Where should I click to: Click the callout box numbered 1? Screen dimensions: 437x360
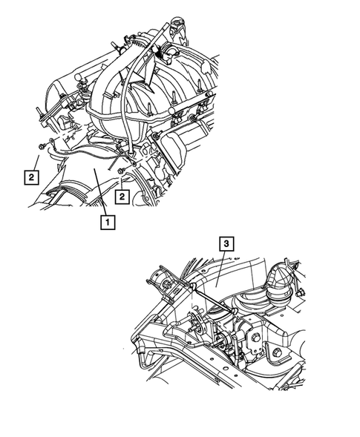108,221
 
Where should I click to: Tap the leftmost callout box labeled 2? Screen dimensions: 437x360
30,177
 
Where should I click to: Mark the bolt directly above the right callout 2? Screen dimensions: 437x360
120,171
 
